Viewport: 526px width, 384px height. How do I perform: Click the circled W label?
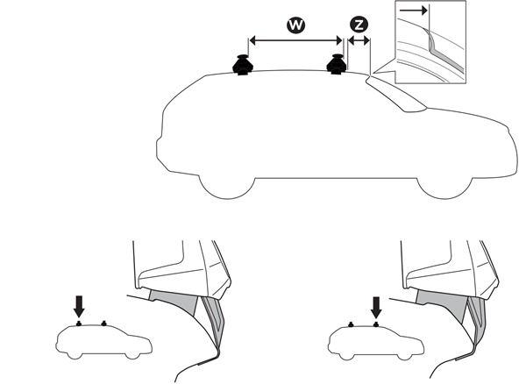click(296, 25)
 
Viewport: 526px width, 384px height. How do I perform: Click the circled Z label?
click(359, 25)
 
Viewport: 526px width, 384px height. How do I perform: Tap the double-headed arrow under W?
click(295, 41)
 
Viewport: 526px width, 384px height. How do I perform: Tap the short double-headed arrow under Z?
click(359, 41)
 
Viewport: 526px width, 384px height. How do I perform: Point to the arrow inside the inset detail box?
click(413, 11)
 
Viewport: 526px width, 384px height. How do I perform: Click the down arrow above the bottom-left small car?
click(79, 306)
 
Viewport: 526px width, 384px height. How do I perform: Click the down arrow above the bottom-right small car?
click(376, 308)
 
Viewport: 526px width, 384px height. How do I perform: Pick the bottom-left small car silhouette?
click(103, 341)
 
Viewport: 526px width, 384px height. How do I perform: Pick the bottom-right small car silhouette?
click(376, 343)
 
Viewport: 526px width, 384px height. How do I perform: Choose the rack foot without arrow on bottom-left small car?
click(104, 324)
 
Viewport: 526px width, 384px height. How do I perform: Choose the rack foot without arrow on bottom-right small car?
click(351, 324)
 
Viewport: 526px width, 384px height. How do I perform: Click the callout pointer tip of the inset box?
click(373, 72)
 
